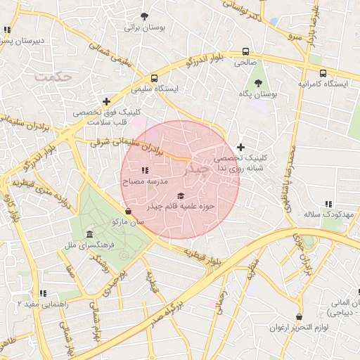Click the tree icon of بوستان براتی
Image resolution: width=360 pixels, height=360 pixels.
click(144, 15)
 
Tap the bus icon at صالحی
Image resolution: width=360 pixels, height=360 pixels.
click(245, 51)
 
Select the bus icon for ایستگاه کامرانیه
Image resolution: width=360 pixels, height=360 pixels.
click(323, 73)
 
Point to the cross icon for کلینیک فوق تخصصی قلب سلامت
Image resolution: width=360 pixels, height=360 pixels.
click(106, 101)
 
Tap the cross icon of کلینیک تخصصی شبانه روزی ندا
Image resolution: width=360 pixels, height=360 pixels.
click(241, 147)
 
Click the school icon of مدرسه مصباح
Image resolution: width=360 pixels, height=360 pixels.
click(144, 170)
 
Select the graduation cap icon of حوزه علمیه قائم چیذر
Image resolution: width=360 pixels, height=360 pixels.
click(181, 196)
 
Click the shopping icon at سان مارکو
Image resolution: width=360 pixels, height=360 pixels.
click(127, 211)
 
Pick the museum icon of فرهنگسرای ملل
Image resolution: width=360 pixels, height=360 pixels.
click(89, 233)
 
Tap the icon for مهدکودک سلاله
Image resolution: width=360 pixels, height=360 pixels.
click(328, 204)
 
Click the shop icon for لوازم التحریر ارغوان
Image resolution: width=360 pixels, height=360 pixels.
click(300, 317)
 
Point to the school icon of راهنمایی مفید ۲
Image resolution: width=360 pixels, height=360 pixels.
click(43, 292)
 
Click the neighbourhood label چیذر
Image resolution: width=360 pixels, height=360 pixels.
click(198, 169)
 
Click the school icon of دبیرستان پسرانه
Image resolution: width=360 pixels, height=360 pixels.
click(7, 30)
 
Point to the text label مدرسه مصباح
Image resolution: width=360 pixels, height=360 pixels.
click(145, 181)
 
